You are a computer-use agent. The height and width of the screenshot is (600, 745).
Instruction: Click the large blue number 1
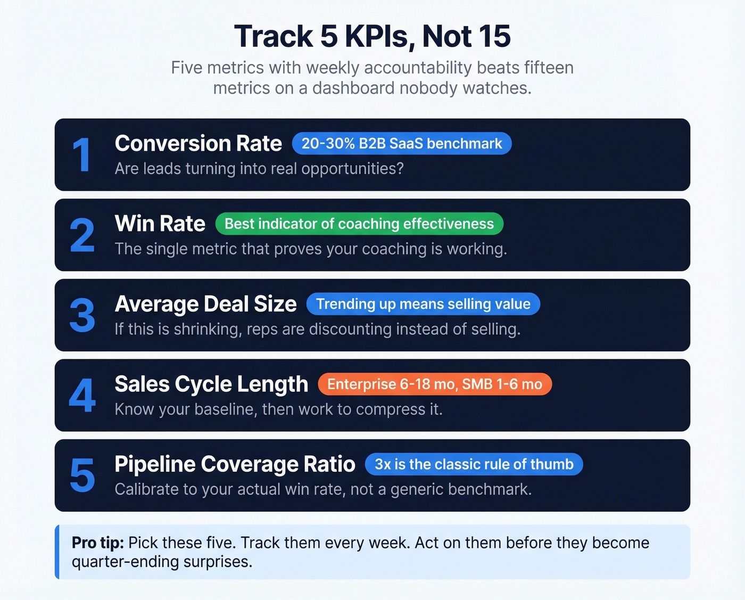81,155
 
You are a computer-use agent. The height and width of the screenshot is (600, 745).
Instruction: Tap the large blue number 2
82,235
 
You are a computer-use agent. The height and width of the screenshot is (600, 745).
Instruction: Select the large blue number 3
82,315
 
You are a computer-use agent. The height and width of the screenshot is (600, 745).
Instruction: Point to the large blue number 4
82,396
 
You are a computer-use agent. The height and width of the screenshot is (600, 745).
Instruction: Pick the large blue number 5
82,475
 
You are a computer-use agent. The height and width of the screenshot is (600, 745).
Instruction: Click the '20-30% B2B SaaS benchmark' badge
402,144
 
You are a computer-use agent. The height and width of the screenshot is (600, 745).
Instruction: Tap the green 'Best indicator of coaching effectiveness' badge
359,224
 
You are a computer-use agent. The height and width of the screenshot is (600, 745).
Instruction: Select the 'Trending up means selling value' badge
423,304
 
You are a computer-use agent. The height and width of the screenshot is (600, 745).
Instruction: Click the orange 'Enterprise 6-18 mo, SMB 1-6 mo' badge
435,384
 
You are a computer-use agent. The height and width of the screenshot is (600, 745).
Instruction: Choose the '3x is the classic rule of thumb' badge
474,464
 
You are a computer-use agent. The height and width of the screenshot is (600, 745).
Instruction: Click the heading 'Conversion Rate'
198,144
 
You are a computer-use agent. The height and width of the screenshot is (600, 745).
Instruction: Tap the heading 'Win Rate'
160,224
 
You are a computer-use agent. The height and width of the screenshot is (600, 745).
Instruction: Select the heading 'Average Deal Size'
205,304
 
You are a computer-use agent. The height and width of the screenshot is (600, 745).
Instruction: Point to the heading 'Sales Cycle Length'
211,384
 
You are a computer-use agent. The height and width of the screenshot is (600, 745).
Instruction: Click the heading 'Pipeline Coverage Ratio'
235,464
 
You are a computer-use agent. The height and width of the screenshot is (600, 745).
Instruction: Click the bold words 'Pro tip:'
97,543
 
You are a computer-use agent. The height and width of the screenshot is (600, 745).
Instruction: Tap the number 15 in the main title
494,37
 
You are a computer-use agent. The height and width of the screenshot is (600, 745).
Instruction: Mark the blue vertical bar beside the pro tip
57,552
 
